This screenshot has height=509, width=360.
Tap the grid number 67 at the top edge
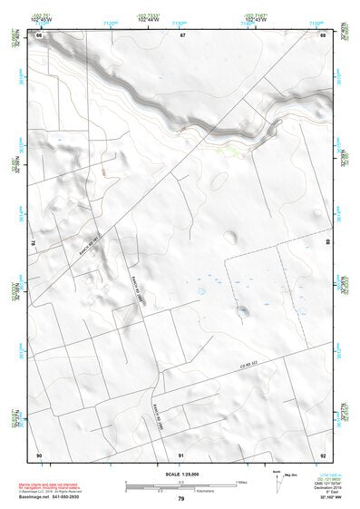coord(181,35)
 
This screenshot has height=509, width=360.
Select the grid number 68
coord(322,35)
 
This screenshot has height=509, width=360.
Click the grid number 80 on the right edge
coord(327,243)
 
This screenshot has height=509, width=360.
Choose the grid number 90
coord(39,454)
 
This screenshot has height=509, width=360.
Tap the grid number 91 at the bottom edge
coord(181,454)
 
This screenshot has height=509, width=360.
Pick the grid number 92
coord(322,454)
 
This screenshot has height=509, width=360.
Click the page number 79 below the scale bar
coord(181,500)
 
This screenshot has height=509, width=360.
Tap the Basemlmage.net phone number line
coord(52,495)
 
